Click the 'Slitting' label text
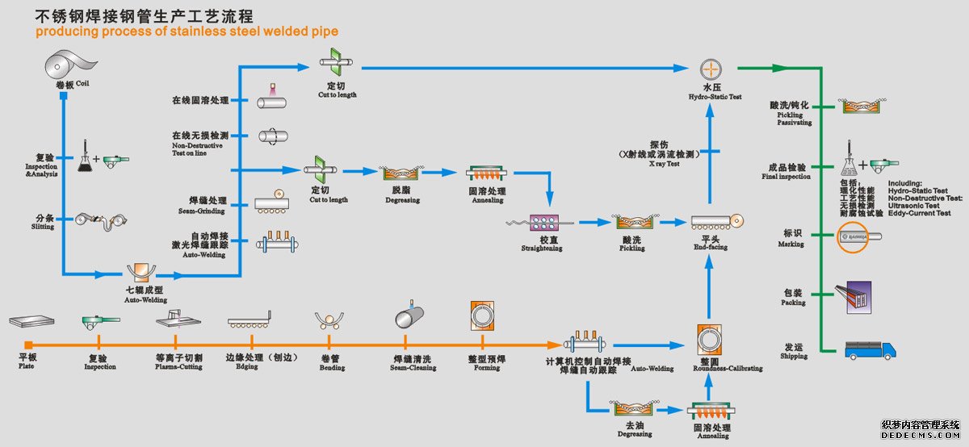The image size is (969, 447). coord(43,227)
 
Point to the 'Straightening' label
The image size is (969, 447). coord(542,249)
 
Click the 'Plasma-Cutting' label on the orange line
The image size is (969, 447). coord(178,366)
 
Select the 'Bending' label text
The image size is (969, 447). coord(332,367)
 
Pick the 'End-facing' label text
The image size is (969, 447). coord(711,247)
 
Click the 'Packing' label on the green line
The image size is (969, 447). coord(793,303)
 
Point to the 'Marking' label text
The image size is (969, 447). coord(791,244)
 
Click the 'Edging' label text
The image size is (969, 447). coord(246,366)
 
